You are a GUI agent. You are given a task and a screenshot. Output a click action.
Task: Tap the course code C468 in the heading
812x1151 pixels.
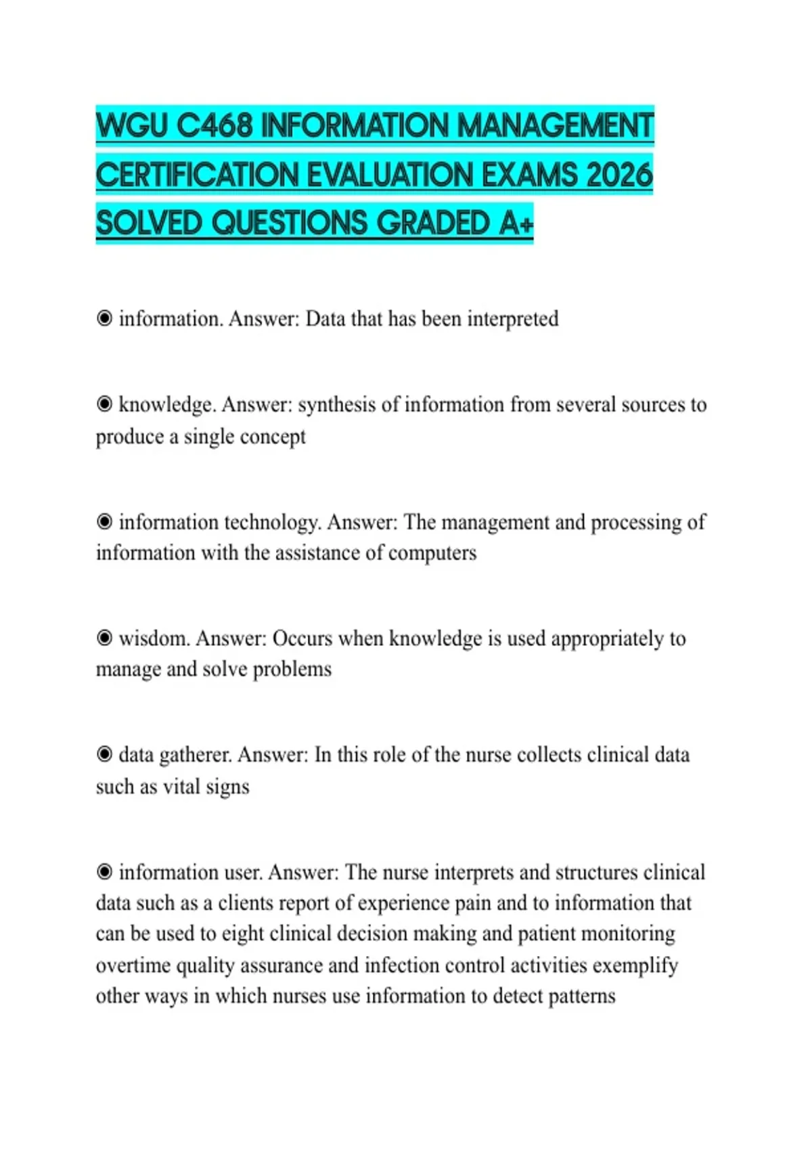[x=215, y=126]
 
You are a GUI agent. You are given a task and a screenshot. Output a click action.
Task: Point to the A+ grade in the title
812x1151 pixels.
[x=516, y=223]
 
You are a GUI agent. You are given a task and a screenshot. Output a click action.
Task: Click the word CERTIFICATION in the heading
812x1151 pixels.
[x=197, y=175]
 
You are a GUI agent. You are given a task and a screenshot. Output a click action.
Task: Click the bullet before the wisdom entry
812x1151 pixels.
[x=104, y=638]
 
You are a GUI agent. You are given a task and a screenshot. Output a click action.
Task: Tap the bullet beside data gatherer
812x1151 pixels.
[x=104, y=754]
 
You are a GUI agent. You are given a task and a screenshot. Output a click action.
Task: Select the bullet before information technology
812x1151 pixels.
[x=104, y=521]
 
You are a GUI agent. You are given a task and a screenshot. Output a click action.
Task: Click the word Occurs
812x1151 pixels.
[x=302, y=638]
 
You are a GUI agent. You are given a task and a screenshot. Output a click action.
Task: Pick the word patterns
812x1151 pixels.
[x=582, y=997]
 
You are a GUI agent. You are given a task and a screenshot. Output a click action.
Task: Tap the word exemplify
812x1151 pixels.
[x=635, y=965]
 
